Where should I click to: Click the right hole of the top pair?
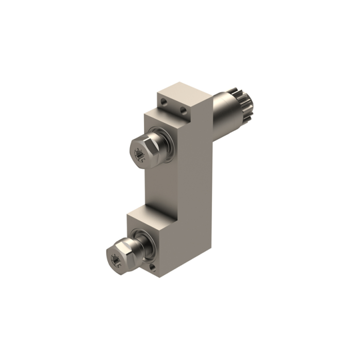coord(183,111)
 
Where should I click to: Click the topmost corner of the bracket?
coord(180,81)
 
